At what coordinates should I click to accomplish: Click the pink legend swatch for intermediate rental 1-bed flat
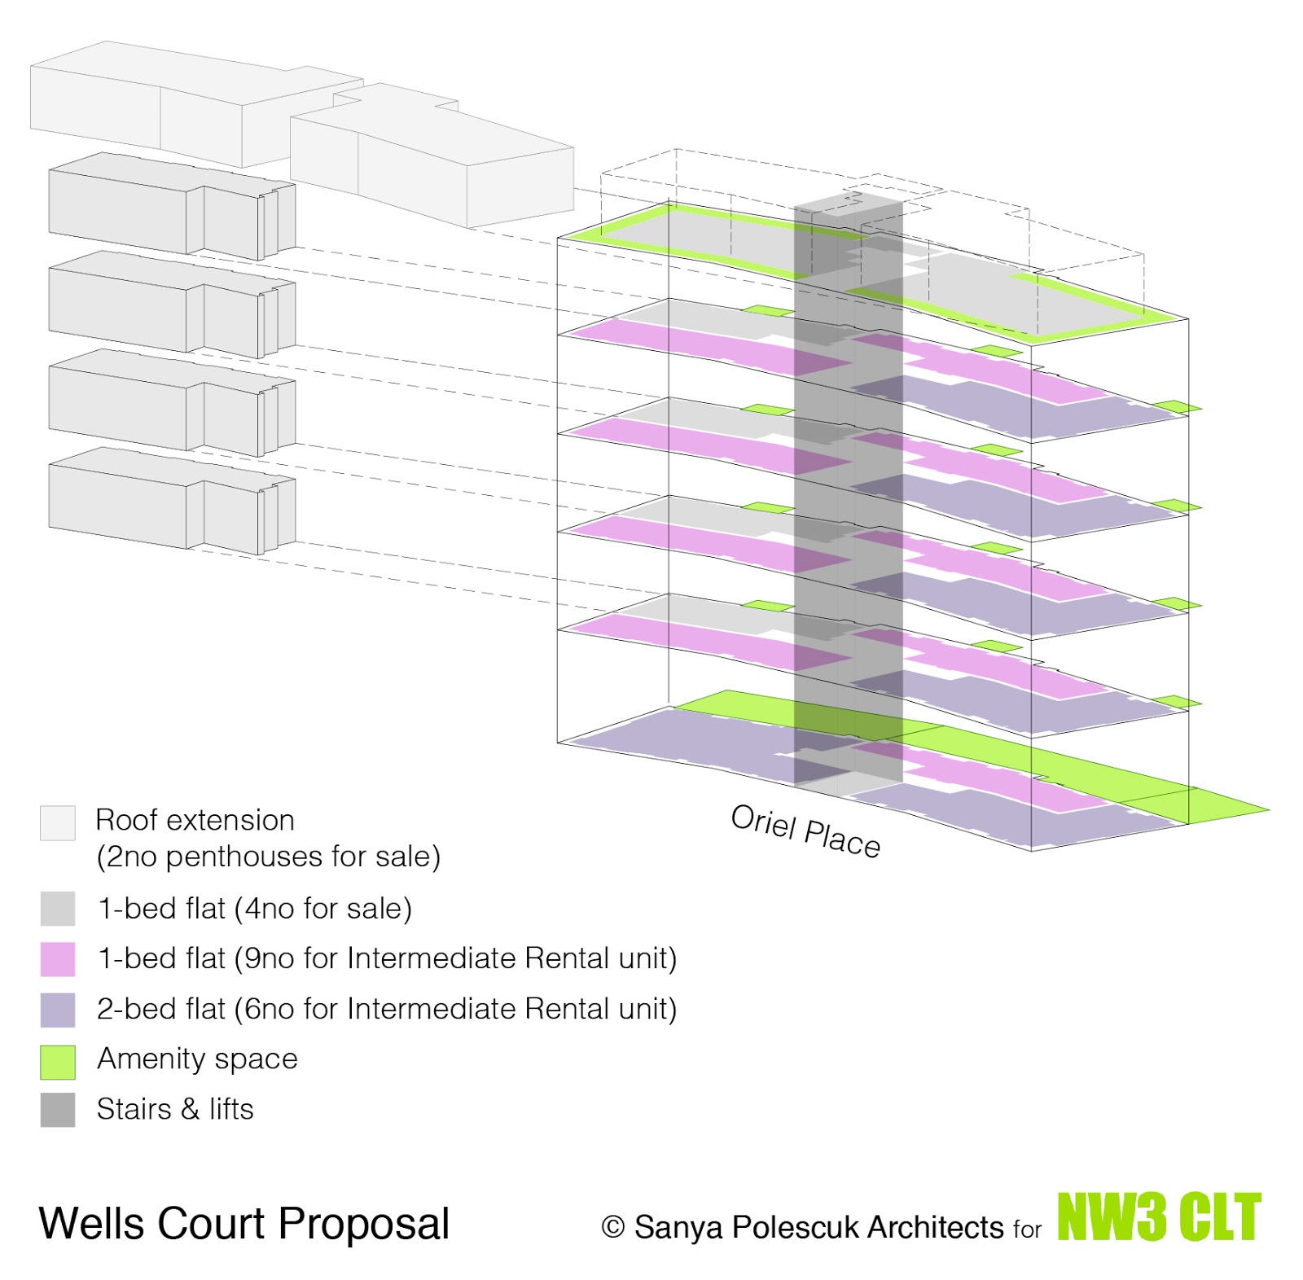(58, 959)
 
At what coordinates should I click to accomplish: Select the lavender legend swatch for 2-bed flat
(58, 1010)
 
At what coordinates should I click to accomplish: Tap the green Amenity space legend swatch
(58, 1062)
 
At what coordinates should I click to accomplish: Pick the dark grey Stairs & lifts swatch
(58, 1110)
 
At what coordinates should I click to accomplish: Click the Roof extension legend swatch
(58, 822)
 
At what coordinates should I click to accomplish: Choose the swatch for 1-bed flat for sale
(58, 909)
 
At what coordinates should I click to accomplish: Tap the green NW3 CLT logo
(1159, 1217)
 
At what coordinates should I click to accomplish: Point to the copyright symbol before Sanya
(612, 1227)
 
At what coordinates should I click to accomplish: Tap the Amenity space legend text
(197, 1059)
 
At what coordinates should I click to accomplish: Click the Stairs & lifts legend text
(175, 1109)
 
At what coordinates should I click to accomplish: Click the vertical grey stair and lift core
(849, 489)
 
